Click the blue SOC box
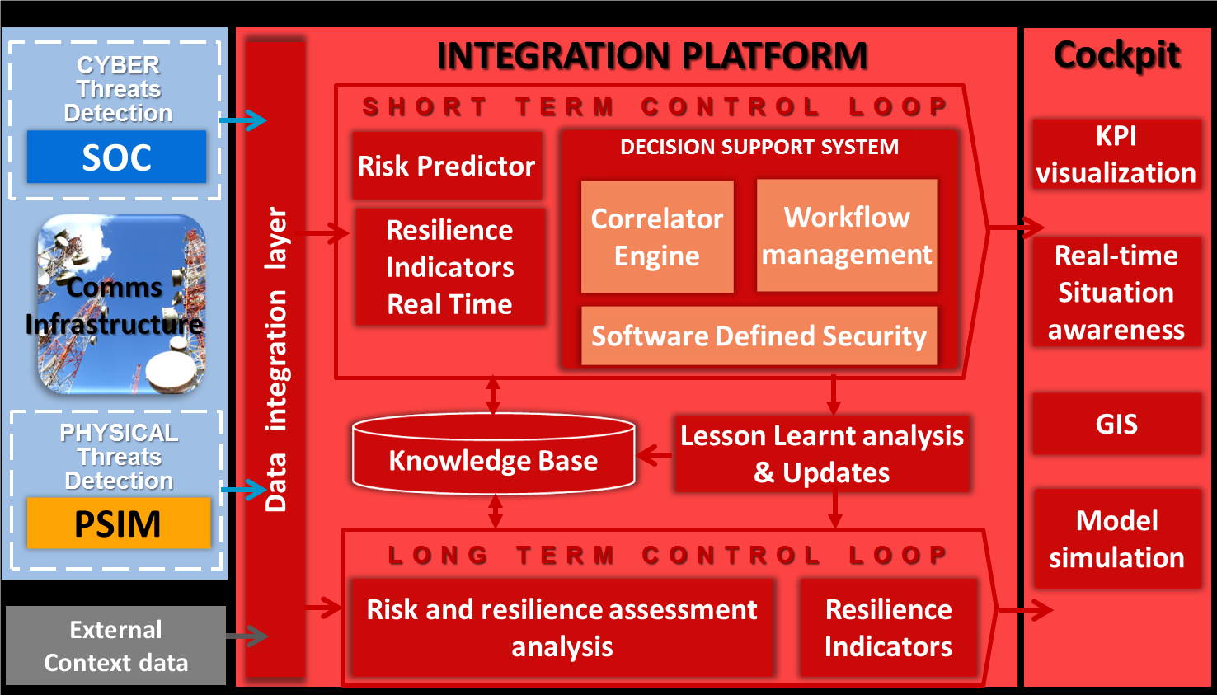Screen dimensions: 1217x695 [x=117, y=157]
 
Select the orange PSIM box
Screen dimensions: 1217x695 [x=119, y=523]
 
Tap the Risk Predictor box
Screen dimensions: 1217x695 [x=447, y=165]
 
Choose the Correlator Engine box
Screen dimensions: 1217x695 [x=657, y=237]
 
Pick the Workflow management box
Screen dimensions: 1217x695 [x=847, y=235]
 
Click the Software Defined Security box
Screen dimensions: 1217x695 [x=759, y=336]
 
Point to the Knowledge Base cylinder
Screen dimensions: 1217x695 [x=493, y=453]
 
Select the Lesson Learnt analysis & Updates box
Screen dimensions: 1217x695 [x=822, y=453]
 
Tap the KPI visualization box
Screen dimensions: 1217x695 [x=1116, y=154]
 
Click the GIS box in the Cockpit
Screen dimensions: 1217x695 [x=1116, y=424]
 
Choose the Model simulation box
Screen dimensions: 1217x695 [x=1117, y=538]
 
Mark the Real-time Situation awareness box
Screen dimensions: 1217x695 [x=1116, y=292]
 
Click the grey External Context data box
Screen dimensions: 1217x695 [x=115, y=646]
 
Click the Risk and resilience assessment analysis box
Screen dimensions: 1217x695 [x=562, y=627]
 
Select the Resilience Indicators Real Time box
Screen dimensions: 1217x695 [x=450, y=267]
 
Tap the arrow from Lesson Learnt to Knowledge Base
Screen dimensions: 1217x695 [x=655, y=455]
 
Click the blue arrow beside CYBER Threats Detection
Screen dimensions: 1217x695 [x=243, y=120]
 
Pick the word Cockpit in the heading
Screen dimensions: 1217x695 [x=1116, y=55]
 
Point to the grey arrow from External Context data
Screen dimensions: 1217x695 [x=247, y=636]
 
